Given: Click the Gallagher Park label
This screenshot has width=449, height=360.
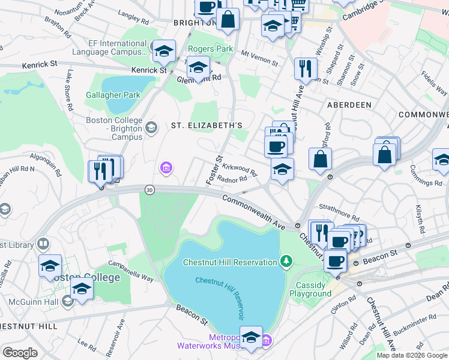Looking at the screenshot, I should click(x=113, y=95).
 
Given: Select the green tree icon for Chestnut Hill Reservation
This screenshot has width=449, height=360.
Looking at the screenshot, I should click(x=287, y=261).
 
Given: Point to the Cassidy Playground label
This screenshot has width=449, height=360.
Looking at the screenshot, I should click(x=310, y=289).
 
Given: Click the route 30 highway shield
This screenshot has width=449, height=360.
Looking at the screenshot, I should click(x=149, y=190).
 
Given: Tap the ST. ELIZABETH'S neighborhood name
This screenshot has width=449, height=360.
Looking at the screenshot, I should click(x=206, y=125).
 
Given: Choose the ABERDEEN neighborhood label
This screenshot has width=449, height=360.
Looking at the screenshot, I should click(x=349, y=104).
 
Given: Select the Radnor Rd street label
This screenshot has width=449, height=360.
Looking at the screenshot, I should click(x=234, y=179).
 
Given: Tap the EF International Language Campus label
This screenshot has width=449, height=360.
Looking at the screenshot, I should click(x=109, y=47).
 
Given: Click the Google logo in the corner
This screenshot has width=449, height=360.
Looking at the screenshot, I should click(x=20, y=353).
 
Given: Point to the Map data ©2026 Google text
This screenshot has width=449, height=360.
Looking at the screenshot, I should click(x=412, y=355).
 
